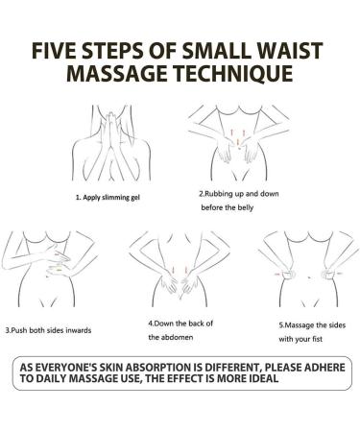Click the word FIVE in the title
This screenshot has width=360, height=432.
(x=54, y=51)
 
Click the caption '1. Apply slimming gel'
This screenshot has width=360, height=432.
(x=108, y=198)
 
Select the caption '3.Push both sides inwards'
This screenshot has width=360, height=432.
(x=49, y=330)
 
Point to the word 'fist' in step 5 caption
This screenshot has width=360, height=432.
(x=318, y=339)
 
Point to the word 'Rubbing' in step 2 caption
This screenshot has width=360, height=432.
(x=217, y=194)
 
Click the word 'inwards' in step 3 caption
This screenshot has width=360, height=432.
(x=79, y=330)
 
